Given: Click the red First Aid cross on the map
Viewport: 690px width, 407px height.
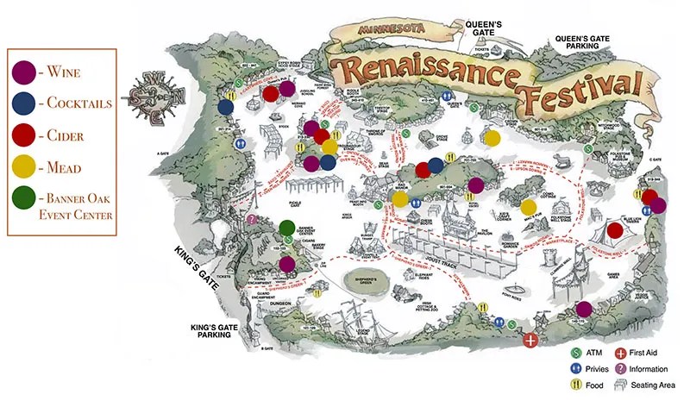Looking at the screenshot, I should click(x=531, y=340).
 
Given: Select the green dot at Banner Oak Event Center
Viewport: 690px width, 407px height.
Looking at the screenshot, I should click(x=287, y=229).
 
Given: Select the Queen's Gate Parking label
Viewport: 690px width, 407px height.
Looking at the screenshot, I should click(x=589, y=42).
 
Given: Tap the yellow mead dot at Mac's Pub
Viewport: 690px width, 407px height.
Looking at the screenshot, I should click(x=529, y=207).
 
